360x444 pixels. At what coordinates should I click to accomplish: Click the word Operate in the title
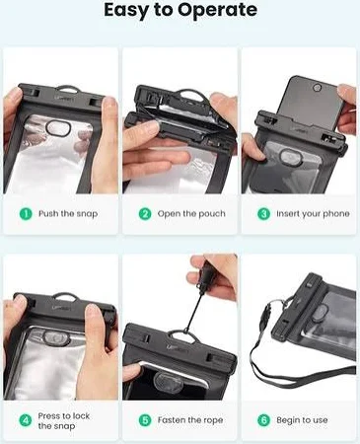click(x=217, y=11)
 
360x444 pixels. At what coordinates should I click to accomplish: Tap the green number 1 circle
click(x=26, y=214)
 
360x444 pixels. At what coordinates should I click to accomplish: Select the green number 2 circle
click(x=145, y=214)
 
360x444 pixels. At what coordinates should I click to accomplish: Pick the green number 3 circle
click(x=263, y=214)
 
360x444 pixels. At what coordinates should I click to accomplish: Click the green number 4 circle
click(x=26, y=420)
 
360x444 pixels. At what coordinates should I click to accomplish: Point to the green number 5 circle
click(x=145, y=420)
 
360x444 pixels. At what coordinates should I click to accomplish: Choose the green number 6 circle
click(x=263, y=420)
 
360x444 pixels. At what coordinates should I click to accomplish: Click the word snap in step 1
click(x=87, y=214)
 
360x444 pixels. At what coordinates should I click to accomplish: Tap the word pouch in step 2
click(x=212, y=214)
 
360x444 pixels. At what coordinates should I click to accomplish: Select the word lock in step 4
click(x=81, y=415)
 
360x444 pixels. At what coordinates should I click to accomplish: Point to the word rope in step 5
click(x=213, y=420)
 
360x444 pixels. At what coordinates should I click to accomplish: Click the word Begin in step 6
click(x=288, y=420)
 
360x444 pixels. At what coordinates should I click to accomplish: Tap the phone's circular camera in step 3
click(x=318, y=88)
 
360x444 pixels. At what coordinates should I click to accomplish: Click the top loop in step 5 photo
click(x=180, y=333)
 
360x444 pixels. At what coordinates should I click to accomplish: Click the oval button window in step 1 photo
click(x=57, y=127)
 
